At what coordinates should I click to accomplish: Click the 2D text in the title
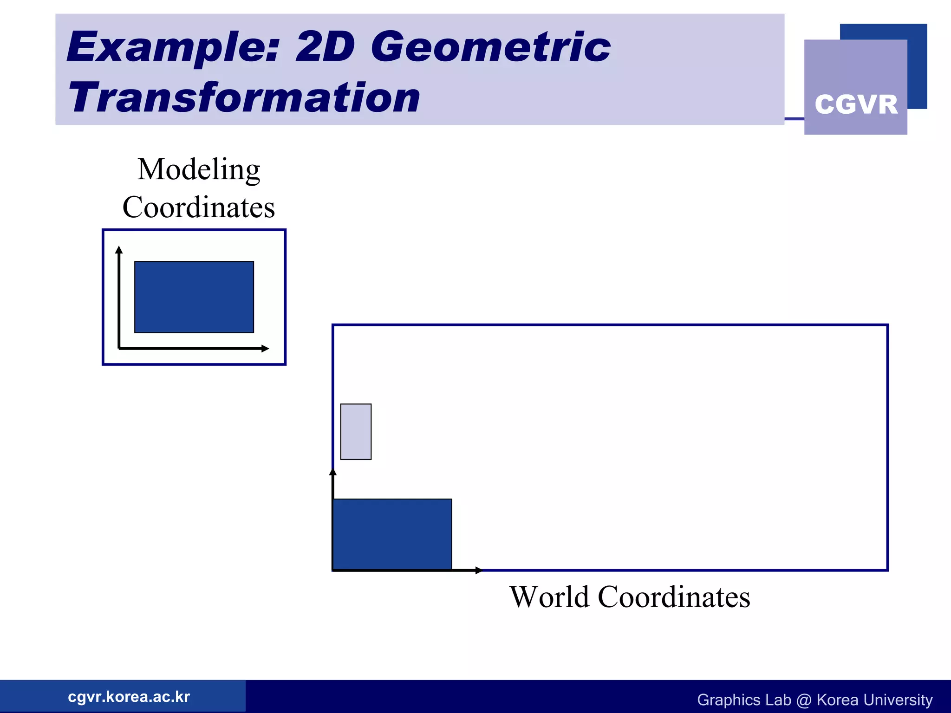coord(325,47)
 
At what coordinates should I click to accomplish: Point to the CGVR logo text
coord(856,104)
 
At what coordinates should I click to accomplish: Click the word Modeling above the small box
coord(199,169)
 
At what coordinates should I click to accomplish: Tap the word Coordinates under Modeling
coord(199,207)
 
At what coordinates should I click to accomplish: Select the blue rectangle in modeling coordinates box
coord(194,297)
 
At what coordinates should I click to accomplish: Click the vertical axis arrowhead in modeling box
coord(119,250)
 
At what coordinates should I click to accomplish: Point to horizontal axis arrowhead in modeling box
coord(265,348)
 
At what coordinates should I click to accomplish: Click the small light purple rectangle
coord(356,432)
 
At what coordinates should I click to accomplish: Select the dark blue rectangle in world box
coord(392,534)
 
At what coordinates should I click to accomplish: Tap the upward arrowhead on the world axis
coord(333,472)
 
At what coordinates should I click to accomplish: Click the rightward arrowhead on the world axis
coord(479,570)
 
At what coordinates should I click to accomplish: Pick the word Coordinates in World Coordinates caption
coord(674,597)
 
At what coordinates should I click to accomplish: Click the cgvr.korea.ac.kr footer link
coord(129,697)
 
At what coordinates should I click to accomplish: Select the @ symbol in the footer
coord(803,700)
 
